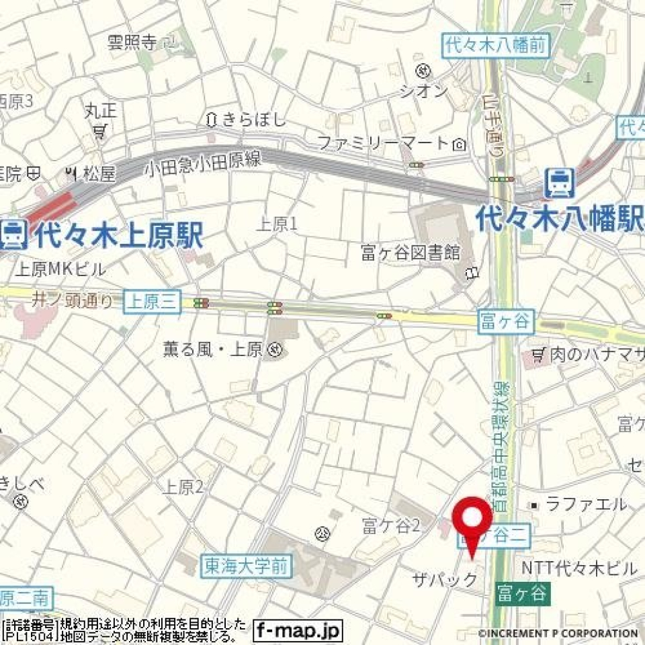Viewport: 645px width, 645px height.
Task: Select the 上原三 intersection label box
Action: pos(153,303)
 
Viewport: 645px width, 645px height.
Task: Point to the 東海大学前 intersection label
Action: pos(247,566)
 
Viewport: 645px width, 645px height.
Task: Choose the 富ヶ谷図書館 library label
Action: pos(410,253)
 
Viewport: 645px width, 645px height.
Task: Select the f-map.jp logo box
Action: pos(298,630)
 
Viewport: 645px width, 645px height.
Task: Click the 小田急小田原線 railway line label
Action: pos(202,163)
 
